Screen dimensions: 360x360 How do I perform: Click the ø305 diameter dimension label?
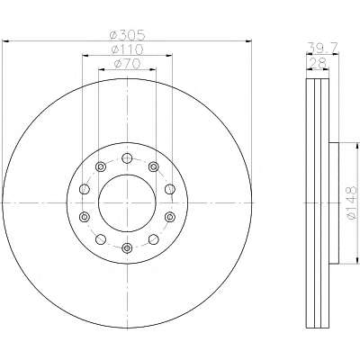point(128,35)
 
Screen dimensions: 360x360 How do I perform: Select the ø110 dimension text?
point(127,49)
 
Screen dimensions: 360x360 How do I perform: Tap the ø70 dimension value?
point(128,64)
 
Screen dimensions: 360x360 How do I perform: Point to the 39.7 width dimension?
point(323,48)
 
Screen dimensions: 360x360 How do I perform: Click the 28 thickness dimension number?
point(318,63)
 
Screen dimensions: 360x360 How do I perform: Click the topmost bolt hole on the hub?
point(127,158)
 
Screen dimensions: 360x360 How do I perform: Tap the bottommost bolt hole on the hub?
point(127,247)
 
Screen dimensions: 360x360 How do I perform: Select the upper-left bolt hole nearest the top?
point(100,166)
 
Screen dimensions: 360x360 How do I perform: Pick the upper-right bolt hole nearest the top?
point(154,166)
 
